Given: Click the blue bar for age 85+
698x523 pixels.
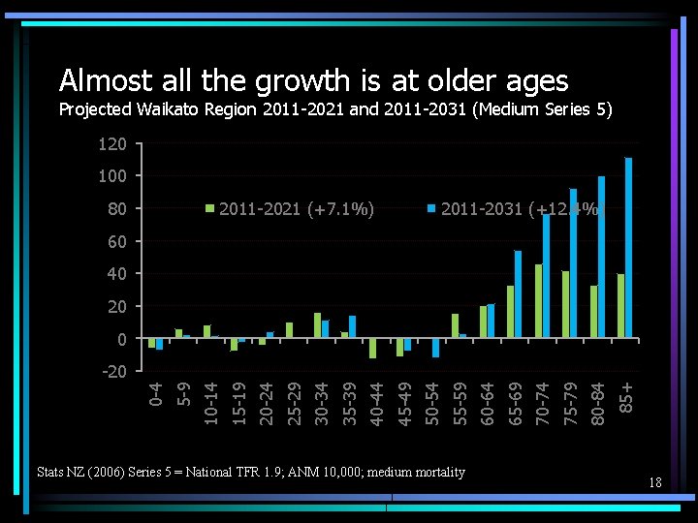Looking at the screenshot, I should [628, 248].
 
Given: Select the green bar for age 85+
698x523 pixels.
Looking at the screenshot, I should [620, 306].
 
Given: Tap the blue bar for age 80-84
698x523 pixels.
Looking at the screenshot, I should [601, 258].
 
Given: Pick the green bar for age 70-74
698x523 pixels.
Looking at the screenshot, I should [538, 301].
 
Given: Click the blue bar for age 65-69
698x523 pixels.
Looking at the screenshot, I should [518, 294].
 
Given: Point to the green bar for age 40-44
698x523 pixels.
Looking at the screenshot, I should [372, 349].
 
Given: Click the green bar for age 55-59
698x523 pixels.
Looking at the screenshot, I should [455, 326].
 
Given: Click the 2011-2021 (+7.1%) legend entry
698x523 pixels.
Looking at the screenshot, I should [291, 208].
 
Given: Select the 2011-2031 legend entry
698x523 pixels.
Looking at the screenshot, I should [514, 208].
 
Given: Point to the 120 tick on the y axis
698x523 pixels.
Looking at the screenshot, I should [112, 144].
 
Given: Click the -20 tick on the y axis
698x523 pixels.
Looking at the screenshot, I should [112, 372].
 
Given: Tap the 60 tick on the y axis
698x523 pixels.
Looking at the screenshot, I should [116, 241].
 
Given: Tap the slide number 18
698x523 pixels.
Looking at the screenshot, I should [655, 481].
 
